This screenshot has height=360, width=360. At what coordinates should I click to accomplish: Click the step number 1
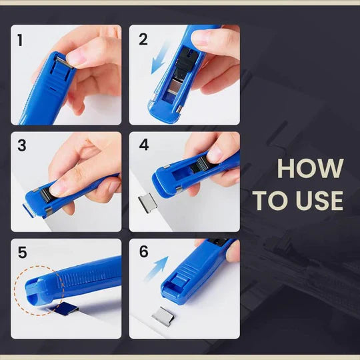point(20,40)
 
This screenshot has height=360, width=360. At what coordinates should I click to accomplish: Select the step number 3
point(21,145)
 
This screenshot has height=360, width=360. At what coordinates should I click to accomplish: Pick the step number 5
point(22,253)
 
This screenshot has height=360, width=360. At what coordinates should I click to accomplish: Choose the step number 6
point(142,253)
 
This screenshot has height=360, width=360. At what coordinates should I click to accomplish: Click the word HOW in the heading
point(310,169)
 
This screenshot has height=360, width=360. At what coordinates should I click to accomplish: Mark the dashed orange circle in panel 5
point(41,291)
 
